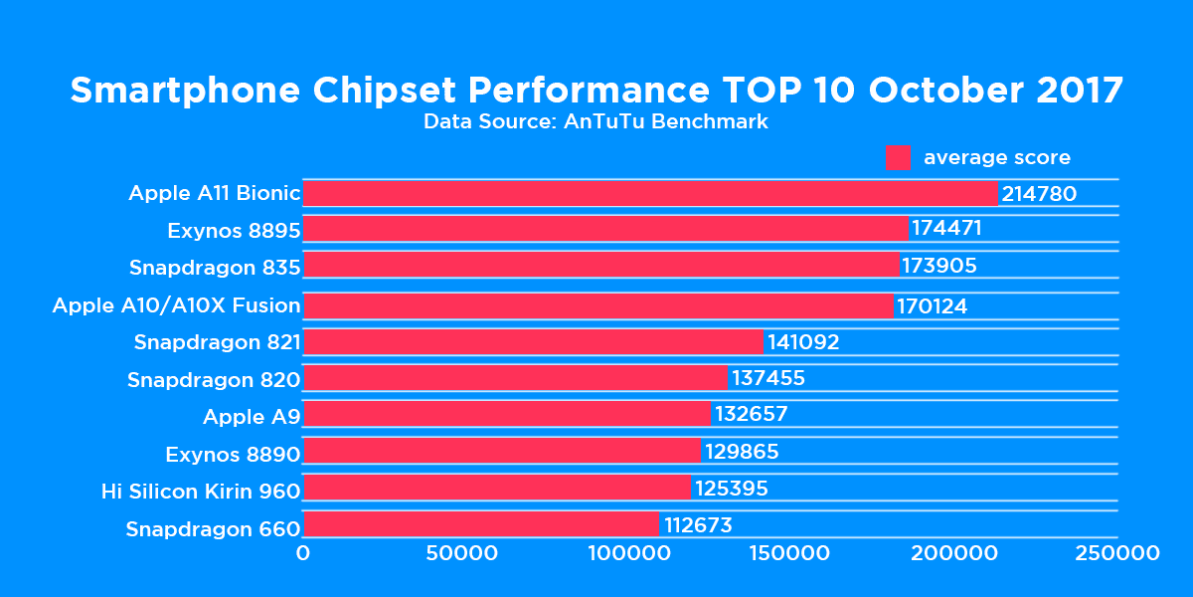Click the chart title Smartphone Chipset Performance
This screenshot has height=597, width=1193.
pos(596,91)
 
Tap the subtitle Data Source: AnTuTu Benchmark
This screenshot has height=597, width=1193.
pos(596,122)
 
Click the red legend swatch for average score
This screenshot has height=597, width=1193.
pos(898,158)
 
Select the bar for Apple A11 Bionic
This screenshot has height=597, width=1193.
pos(650,193)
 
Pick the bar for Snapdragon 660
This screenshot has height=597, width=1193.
pos(481,524)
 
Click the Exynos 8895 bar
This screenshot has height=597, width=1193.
pos(605,229)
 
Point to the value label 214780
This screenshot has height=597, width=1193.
pos(1039,194)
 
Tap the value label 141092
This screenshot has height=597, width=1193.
pos(803,342)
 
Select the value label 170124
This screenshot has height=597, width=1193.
pos(932,305)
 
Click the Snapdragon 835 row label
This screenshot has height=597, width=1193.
pos(215,268)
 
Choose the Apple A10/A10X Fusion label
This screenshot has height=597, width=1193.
pos(176,305)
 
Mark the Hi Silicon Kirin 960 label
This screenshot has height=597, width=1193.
pos(201,492)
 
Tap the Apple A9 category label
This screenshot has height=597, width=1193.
pos(252,416)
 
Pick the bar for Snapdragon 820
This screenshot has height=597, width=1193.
pos(515,378)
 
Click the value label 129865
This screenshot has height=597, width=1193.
pos(742,453)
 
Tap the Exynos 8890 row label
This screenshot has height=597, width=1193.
pos(233,455)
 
